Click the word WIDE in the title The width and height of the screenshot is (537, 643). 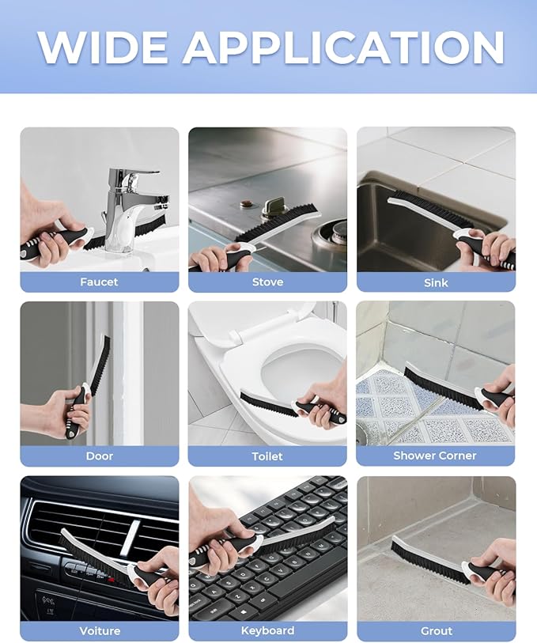[103, 47]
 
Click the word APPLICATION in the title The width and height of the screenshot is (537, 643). [343, 47]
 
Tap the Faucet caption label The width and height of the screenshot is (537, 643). [99, 282]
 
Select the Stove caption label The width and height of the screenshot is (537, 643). [267, 282]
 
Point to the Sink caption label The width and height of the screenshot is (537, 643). [436, 282]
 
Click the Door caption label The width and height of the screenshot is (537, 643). [100, 456]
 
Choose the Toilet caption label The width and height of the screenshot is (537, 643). [267, 456]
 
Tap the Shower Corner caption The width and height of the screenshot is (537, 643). [435, 456]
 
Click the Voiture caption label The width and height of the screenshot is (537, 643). [100, 630]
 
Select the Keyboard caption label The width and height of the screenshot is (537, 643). [267, 630]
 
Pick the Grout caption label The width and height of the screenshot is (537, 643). [436, 630]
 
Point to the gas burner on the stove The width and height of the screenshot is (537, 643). [331, 239]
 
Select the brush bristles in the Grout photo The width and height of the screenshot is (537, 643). [430, 562]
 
